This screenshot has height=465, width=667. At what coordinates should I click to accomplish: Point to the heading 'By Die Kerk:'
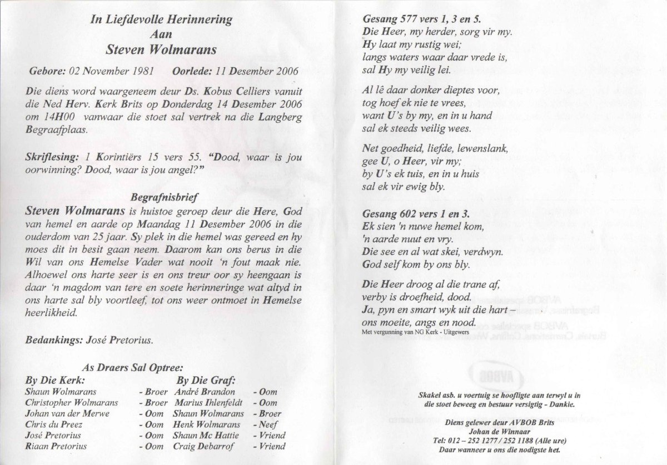click(x=56, y=381)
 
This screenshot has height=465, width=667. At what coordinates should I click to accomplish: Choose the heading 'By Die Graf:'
click(x=206, y=381)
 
